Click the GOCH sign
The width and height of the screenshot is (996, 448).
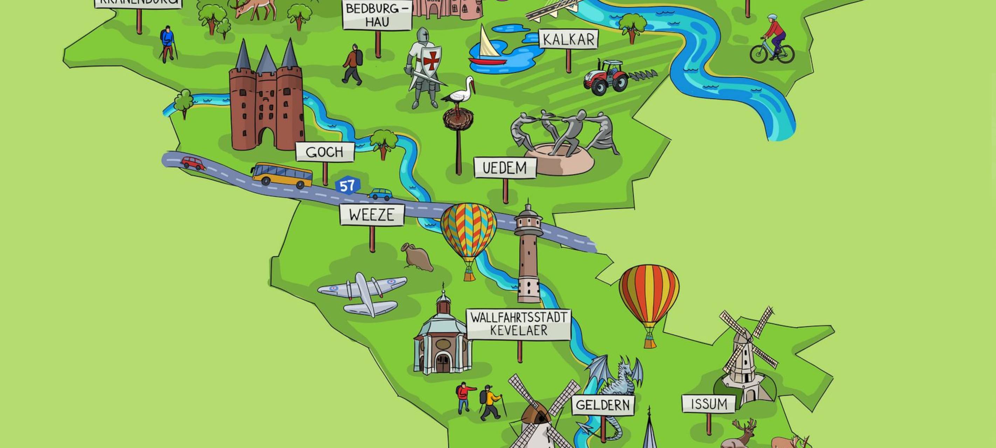click(325, 152)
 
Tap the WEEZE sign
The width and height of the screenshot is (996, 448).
click(372, 215)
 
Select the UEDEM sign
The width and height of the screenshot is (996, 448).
click(505, 168)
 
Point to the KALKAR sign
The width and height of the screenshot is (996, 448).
click(568, 40)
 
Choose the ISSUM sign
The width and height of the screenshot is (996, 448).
click(708, 404)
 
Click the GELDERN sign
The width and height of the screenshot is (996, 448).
click(603, 405)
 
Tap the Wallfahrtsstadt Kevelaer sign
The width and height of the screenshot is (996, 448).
click(519, 324)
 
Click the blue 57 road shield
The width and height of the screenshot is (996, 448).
click(347, 186)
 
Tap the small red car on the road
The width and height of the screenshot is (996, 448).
click(193, 163)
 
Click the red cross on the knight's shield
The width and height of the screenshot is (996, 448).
click(430, 61)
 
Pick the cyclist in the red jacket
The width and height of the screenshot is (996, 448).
click(772, 41)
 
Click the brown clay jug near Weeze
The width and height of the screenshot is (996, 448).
click(417, 257)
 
